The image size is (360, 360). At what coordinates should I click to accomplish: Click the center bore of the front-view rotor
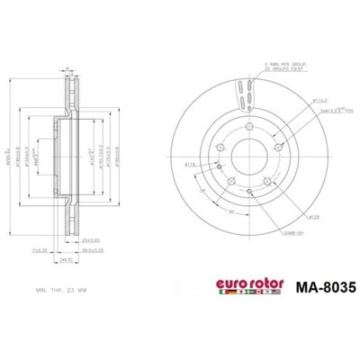click(x=247, y=154)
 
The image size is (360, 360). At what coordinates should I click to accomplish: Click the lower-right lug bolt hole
click(x=267, y=181)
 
